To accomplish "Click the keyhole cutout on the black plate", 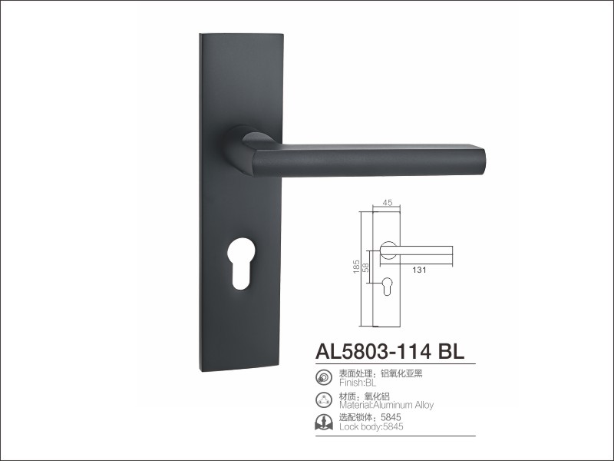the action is coord(240,264).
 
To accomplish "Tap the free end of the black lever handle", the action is coord(484,161).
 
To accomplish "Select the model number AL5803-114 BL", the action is coord(390,351).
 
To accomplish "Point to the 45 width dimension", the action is coord(387,203).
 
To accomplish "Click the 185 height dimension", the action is coord(356,267).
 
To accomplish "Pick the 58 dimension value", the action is coord(366,267).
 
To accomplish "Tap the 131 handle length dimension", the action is coord(419,270).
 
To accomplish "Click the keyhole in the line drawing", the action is coord(387,286).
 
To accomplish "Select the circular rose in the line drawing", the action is coord(388,250).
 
